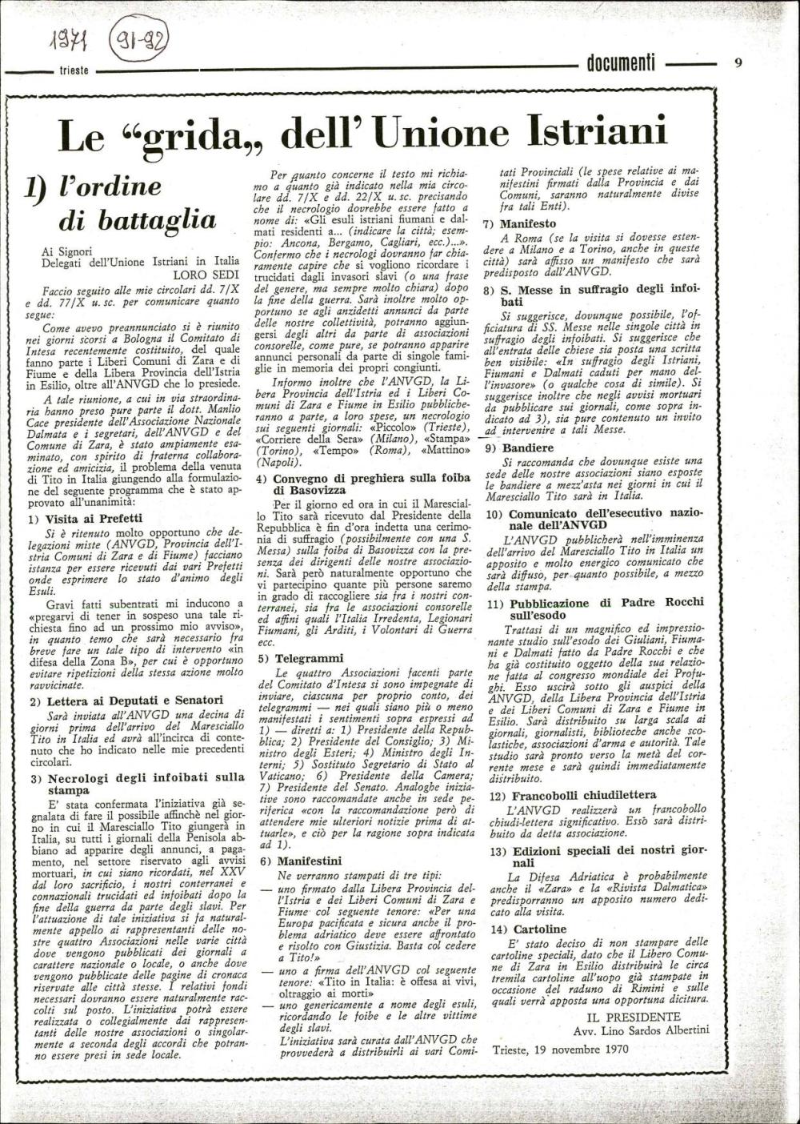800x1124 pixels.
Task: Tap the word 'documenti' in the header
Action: point(621,65)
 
